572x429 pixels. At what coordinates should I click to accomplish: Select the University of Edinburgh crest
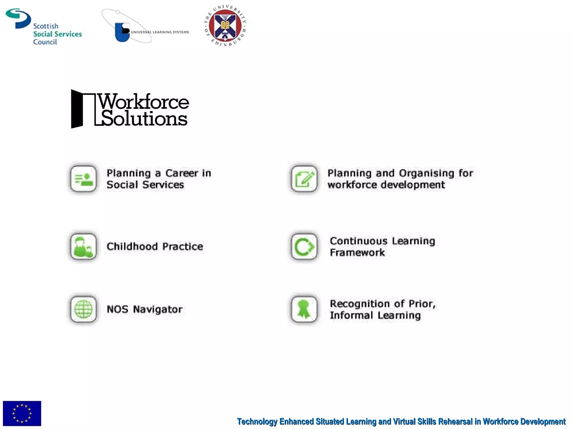pos(225,26)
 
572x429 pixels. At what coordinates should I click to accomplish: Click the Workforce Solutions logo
pos(130,109)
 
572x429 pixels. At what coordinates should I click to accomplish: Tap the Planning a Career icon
pos(83,179)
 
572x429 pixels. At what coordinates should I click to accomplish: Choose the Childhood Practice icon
pos(83,246)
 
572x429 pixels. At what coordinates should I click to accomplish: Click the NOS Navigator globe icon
pos(83,309)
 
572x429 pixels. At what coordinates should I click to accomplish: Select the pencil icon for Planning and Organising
pos(304,179)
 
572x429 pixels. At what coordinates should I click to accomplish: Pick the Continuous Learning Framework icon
pos(304,246)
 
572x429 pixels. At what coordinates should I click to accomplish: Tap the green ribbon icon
pos(304,309)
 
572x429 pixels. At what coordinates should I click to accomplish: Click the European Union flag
pos(22,413)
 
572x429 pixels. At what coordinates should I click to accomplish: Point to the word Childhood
pos(132,246)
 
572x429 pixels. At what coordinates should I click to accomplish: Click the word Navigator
pos(158,309)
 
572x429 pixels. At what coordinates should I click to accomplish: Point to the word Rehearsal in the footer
pos(455,421)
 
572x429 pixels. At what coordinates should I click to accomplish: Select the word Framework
pos(357,252)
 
